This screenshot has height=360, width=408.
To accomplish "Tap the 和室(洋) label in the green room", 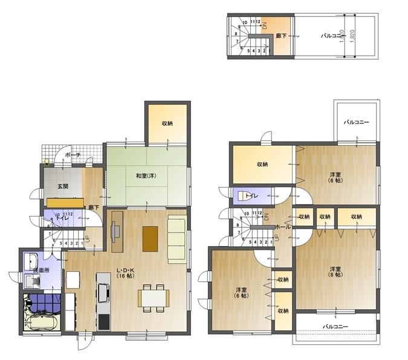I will (146, 175).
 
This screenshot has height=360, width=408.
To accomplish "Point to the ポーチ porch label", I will (73, 155).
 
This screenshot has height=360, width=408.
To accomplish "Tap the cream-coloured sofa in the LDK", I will (176, 238).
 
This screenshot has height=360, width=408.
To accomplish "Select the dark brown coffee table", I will (151, 238).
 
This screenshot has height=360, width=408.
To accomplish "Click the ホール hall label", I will (282, 226).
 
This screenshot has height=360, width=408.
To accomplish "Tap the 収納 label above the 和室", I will (167, 123).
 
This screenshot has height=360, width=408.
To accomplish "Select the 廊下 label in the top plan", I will (281, 36).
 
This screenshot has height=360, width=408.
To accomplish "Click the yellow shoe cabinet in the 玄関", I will (65, 202).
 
